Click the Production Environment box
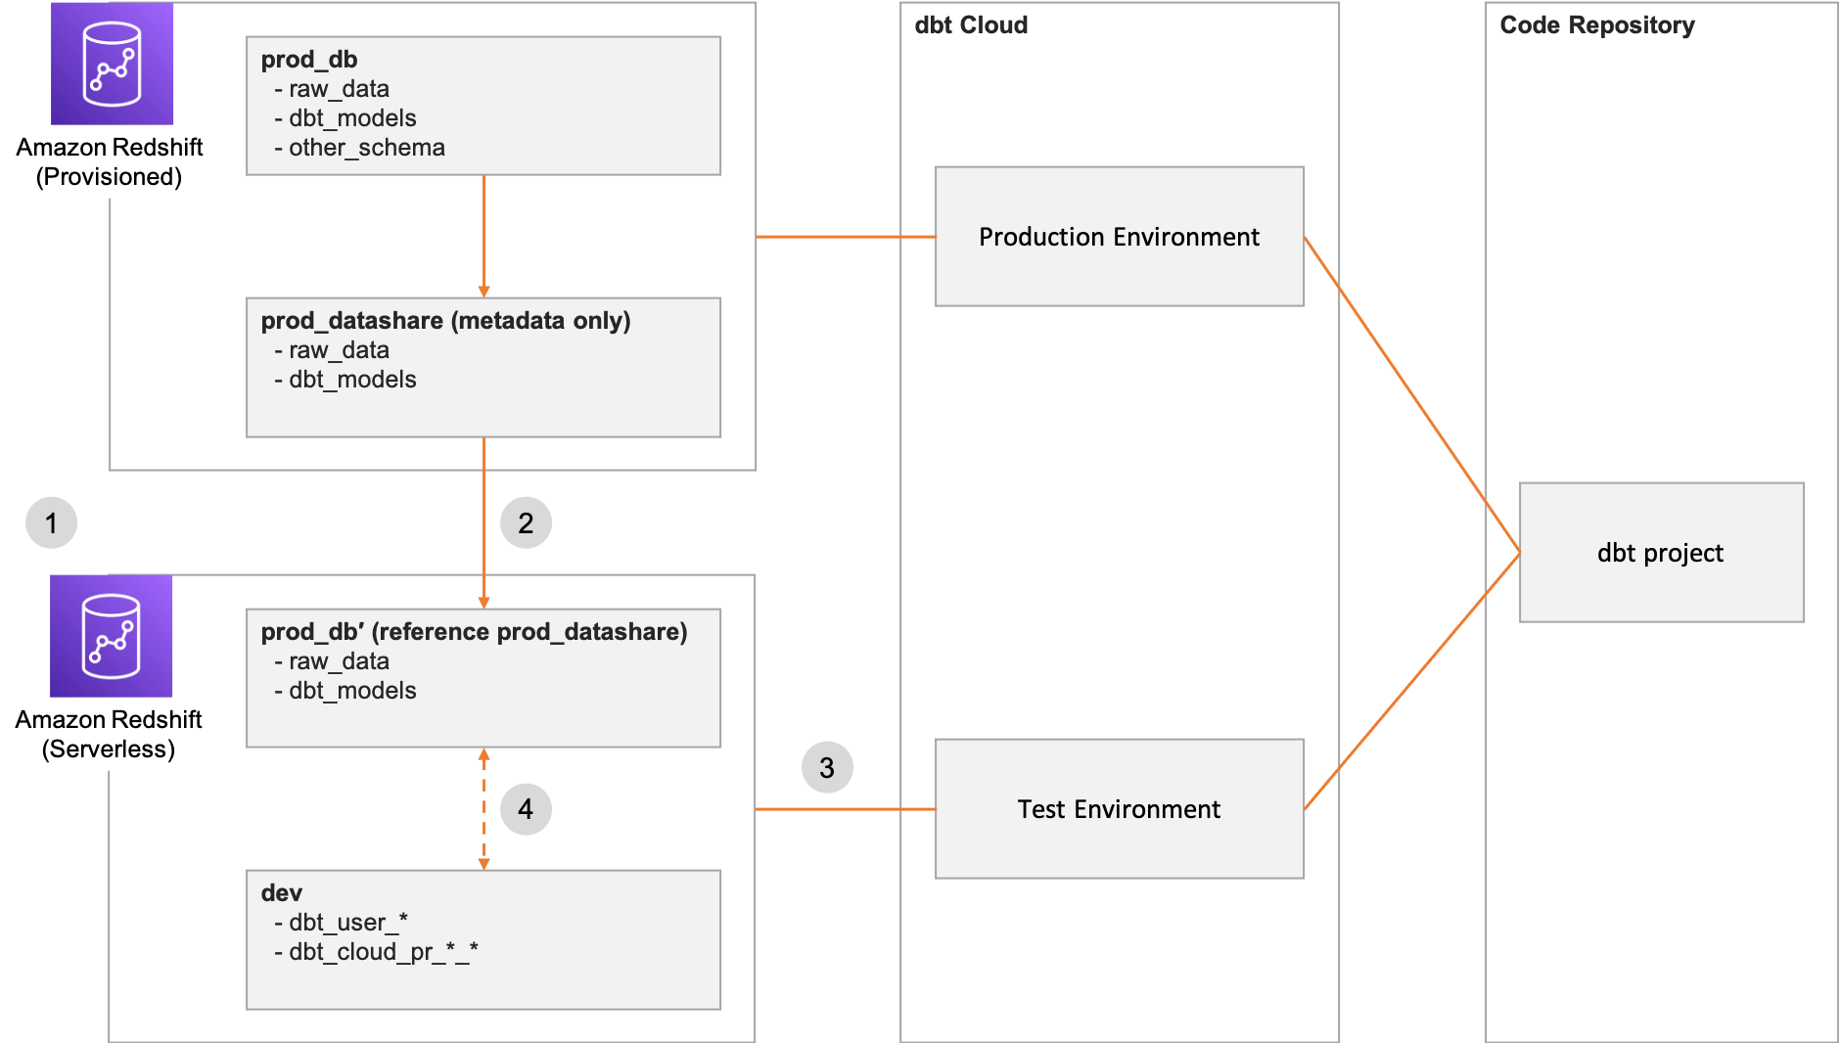pos(1119,237)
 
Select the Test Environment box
pos(1119,809)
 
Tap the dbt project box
pos(1661,553)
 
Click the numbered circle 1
pos(52,522)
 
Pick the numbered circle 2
pos(526,522)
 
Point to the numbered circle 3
pos(827,768)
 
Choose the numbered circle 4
pos(526,809)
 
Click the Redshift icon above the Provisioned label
pos(112,64)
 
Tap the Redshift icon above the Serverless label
pos(112,636)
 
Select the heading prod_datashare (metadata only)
pos(445,321)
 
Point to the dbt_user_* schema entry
pos(347,922)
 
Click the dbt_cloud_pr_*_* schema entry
pos(383,951)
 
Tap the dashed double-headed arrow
pos(483,809)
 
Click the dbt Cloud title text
pos(971,25)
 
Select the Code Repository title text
pos(1597,25)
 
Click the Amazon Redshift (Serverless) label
pos(109,734)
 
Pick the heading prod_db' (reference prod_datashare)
pos(474,632)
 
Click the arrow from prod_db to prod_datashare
pos(483,236)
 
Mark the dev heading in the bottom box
pos(282,893)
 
